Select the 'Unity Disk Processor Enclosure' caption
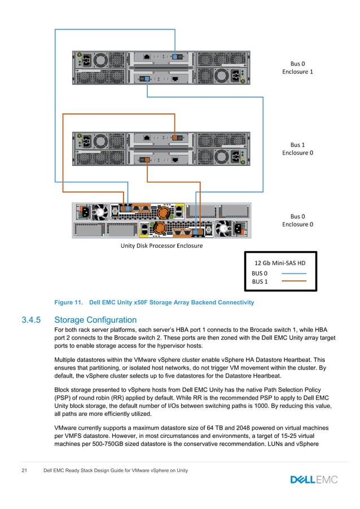(x=162, y=246)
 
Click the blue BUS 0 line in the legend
(x=293, y=273)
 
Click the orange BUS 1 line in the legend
(x=293, y=280)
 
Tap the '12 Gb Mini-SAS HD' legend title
(x=280, y=263)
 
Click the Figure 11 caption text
(x=153, y=303)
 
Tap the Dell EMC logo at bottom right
(x=314, y=480)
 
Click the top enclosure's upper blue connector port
(x=177, y=57)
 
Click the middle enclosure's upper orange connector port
(x=176, y=137)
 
